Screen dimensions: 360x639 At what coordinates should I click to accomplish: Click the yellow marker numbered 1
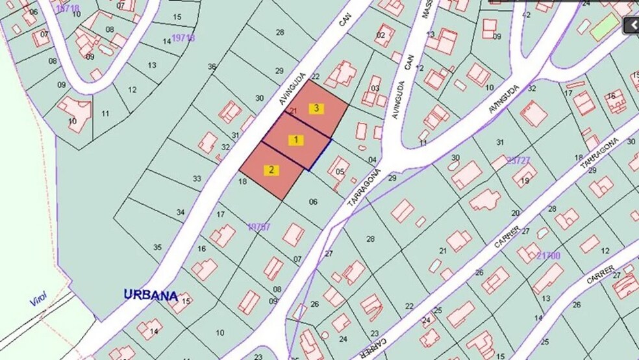[295, 140]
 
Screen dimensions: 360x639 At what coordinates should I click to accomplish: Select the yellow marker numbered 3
[316, 109]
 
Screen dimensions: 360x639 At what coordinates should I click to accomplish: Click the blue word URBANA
[151, 295]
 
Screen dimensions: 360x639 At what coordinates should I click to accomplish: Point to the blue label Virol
[38, 302]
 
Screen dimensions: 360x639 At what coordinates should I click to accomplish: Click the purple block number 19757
[258, 227]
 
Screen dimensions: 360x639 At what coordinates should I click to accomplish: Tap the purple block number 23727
[519, 160]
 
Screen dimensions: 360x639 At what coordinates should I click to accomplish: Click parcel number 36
[211, 67]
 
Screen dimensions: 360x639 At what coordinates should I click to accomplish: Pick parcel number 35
[157, 247]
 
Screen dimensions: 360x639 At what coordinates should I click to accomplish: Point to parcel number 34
[181, 212]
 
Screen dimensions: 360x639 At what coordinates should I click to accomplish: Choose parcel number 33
[197, 178]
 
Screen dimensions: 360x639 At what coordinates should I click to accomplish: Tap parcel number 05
[340, 172]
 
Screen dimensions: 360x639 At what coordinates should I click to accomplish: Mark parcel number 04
[372, 160]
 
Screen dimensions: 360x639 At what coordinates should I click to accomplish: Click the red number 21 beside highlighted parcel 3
[293, 111]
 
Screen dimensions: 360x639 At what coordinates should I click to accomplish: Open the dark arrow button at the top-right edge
[631, 25]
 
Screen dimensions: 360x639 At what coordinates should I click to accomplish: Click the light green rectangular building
[604, 26]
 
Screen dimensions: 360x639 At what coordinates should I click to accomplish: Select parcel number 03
[375, 88]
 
